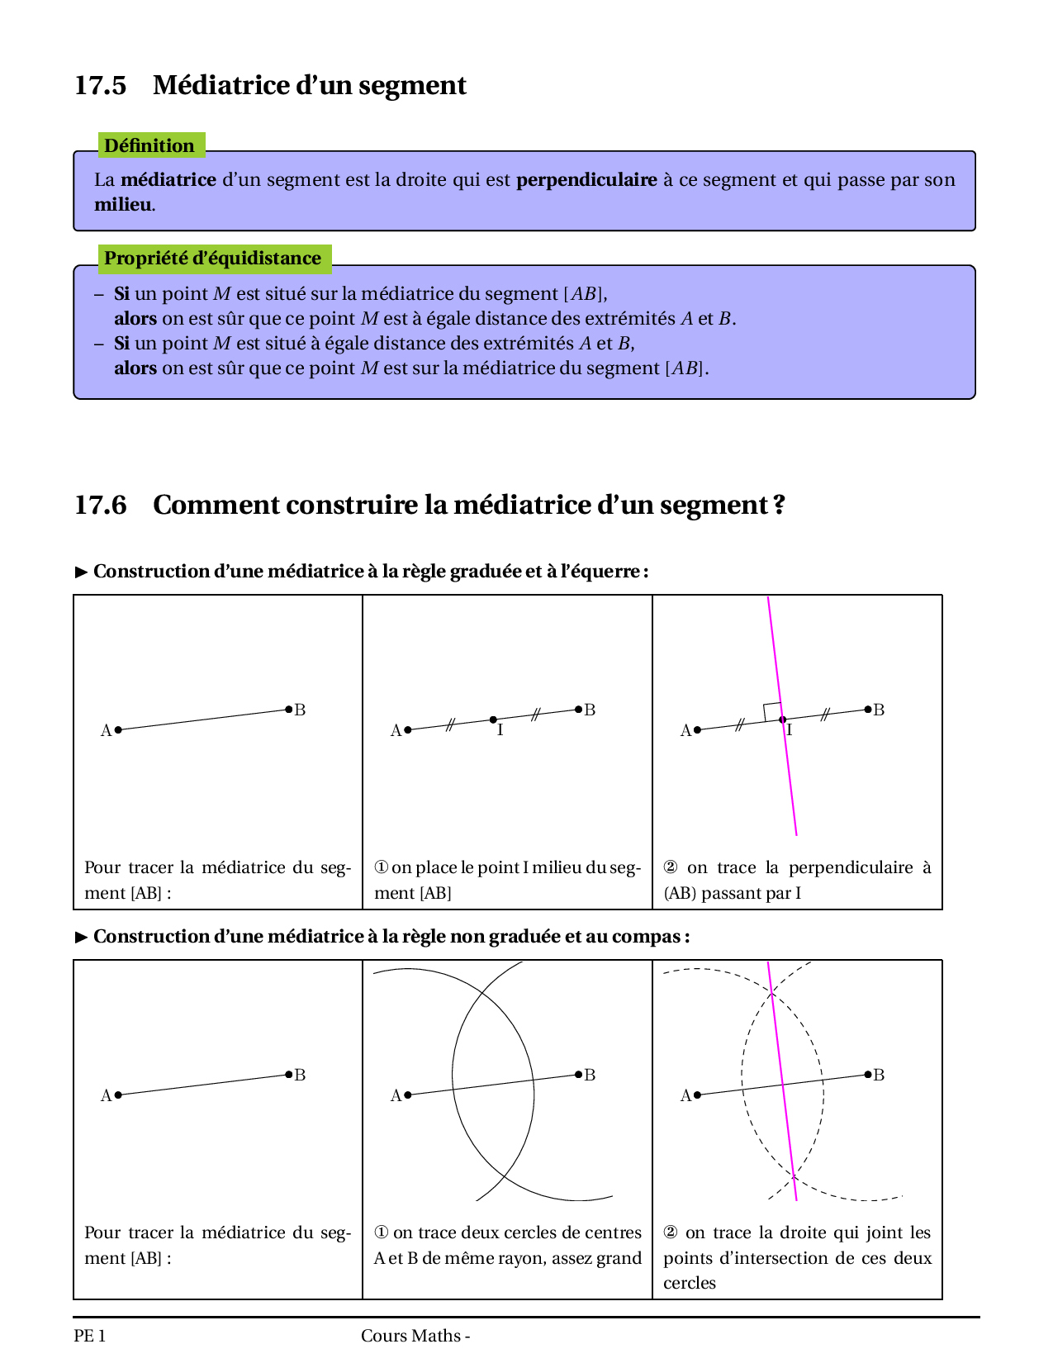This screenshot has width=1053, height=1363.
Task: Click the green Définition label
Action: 149,146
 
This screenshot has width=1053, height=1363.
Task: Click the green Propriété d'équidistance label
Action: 212,259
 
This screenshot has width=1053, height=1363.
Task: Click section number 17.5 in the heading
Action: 100,86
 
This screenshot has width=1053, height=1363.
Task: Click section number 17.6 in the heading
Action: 100,505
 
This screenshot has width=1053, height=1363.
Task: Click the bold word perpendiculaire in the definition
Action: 586,180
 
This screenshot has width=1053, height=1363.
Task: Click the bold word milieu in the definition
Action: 123,205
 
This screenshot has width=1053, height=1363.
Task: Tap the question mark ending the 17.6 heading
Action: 779,505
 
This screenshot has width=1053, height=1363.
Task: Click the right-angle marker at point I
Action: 772,711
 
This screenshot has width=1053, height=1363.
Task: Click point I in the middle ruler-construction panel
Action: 493,719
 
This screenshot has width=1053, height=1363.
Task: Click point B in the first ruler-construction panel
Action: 288,709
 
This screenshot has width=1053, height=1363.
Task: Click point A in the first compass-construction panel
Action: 118,1095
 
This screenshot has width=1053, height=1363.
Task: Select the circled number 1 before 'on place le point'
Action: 381,867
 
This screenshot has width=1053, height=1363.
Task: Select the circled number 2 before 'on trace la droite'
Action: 671,1232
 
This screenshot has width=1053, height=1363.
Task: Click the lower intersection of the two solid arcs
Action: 505,1175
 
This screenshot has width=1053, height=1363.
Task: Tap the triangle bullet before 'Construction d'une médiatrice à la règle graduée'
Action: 81,572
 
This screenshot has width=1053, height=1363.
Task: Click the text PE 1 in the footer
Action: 89,1336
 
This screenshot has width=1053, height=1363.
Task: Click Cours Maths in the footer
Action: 410,1336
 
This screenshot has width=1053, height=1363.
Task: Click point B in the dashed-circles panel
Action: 868,1074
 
